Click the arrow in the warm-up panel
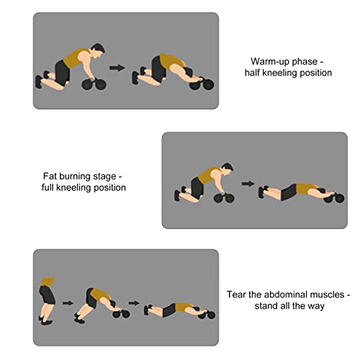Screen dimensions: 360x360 (x=117, y=68)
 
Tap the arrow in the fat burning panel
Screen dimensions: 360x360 (x=248, y=184)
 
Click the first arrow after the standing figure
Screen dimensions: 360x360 (x=68, y=303)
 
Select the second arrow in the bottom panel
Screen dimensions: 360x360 (x=134, y=303)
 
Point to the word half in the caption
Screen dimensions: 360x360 (x=252, y=73)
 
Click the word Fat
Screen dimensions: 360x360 (x=50, y=176)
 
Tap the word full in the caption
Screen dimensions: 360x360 (x=48, y=187)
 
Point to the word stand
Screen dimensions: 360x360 (x=266, y=306)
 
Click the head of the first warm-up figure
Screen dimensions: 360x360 (x=97, y=51)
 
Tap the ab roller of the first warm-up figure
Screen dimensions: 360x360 (x=94, y=84)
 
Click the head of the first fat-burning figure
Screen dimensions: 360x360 (x=227, y=170)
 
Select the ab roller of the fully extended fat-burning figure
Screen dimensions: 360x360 (x=334, y=197)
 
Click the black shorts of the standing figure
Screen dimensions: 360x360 (x=47, y=294)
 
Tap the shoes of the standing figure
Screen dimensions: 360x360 (x=46, y=321)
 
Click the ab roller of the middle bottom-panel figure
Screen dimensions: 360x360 (x=121, y=313)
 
